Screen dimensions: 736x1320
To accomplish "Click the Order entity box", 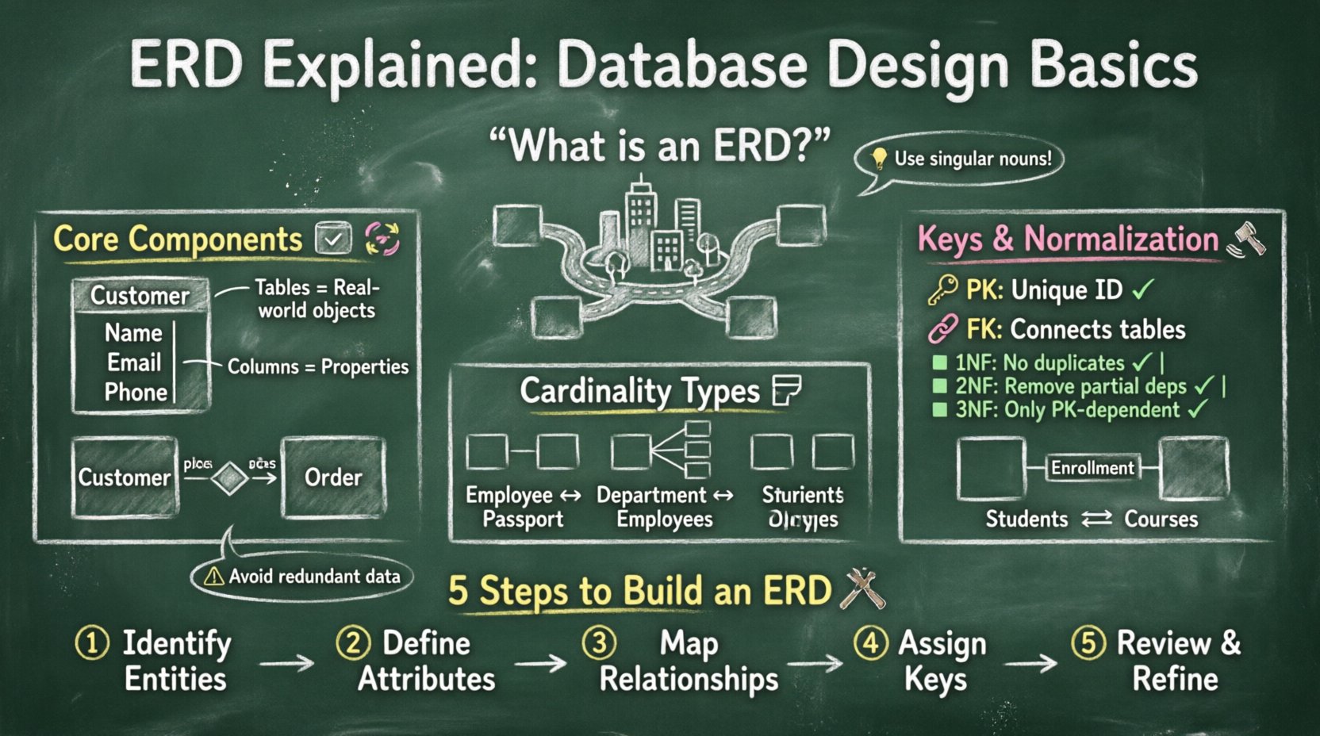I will pyautogui.click(x=333, y=477).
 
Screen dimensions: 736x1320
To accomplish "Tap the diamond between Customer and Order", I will pyautogui.click(x=230, y=478).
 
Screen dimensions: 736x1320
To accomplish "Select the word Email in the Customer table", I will pyautogui.click(x=134, y=362).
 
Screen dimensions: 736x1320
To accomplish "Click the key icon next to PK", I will pyautogui.click(x=942, y=290).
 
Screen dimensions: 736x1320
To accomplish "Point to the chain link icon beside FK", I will pyautogui.click(x=942, y=328).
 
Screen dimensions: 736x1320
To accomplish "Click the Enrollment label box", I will pyautogui.click(x=1092, y=468).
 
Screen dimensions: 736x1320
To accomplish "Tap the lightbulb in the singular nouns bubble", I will pyautogui.click(x=879, y=159).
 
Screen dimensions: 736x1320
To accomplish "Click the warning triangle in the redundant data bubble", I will pyautogui.click(x=213, y=577).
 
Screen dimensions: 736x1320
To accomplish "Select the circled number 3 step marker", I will pyautogui.click(x=599, y=642).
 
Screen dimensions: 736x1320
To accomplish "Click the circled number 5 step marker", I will pyautogui.click(x=1088, y=642).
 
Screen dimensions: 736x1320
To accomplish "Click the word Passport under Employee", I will pyautogui.click(x=523, y=519).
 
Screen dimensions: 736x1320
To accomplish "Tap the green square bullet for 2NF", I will pyautogui.click(x=940, y=387).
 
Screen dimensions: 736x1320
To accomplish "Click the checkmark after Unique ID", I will pyautogui.click(x=1143, y=290).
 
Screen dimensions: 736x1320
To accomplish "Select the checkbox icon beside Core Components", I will pyautogui.click(x=333, y=239).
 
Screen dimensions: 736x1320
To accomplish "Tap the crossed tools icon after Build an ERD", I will pyautogui.click(x=861, y=589).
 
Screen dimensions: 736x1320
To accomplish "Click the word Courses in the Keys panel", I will pyautogui.click(x=1161, y=519).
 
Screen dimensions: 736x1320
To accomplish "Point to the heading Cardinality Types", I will pyautogui.click(x=639, y=391).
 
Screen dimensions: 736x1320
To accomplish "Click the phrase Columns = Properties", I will pyautogui.click(x=318, y=366).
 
